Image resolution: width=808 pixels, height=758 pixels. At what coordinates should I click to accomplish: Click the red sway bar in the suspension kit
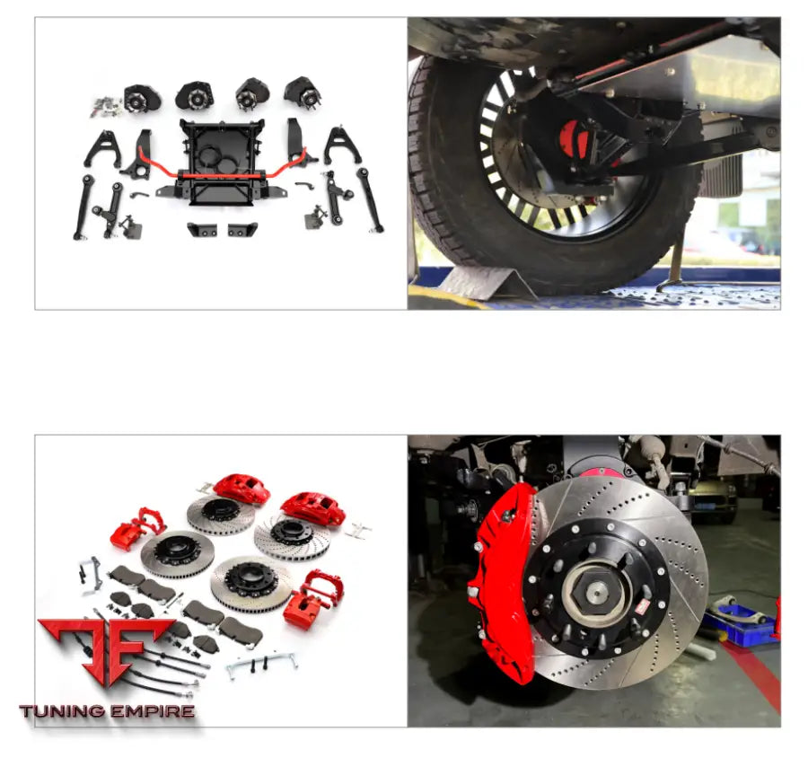[x=222, y=175]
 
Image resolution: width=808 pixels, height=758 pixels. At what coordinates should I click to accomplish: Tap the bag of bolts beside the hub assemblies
[x=107, y=106]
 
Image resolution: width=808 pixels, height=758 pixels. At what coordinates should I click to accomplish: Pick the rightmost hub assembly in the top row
[x=303, y=92]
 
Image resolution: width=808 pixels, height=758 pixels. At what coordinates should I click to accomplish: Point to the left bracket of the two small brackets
[x=202, y=229]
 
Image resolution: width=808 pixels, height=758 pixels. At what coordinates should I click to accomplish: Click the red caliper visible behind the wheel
[x=575, y=138]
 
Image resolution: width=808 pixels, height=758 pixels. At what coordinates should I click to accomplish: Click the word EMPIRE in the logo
[x=153, y=711]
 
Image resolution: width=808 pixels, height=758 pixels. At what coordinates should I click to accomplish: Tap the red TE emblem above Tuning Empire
[x=107, y=649]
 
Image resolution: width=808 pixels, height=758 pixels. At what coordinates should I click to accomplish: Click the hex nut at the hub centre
[x=598, y=592]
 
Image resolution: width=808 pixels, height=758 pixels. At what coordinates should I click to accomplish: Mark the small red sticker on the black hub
[x=641, y=608]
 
